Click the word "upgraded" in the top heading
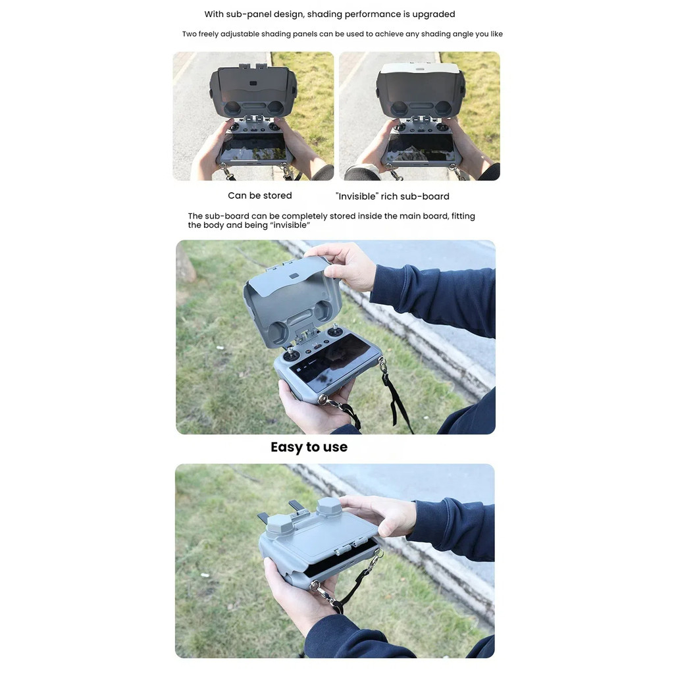433,14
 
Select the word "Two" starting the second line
189,34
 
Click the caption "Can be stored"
259,195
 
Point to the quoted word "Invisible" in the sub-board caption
357,196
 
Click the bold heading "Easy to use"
309,447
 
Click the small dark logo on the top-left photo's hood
253,84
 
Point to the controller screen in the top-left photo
254,147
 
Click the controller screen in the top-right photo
421,148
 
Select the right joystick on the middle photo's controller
334,331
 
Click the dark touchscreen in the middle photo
335,365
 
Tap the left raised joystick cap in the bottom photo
280,526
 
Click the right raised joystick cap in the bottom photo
329,507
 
